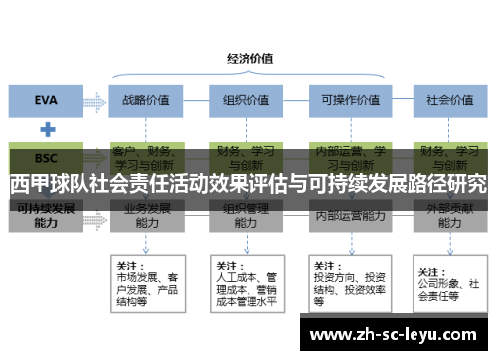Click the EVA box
coord(46,99)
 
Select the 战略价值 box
coord(146,99)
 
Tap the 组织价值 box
coord(246,99)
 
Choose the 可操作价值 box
coord(345,99)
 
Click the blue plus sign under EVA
coord(46,129)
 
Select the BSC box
coord(46,158)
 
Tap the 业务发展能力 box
coord(147,216)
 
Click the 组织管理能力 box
coord(246,216)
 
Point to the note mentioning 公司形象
coord(447,282)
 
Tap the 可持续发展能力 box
coord(46,216)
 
